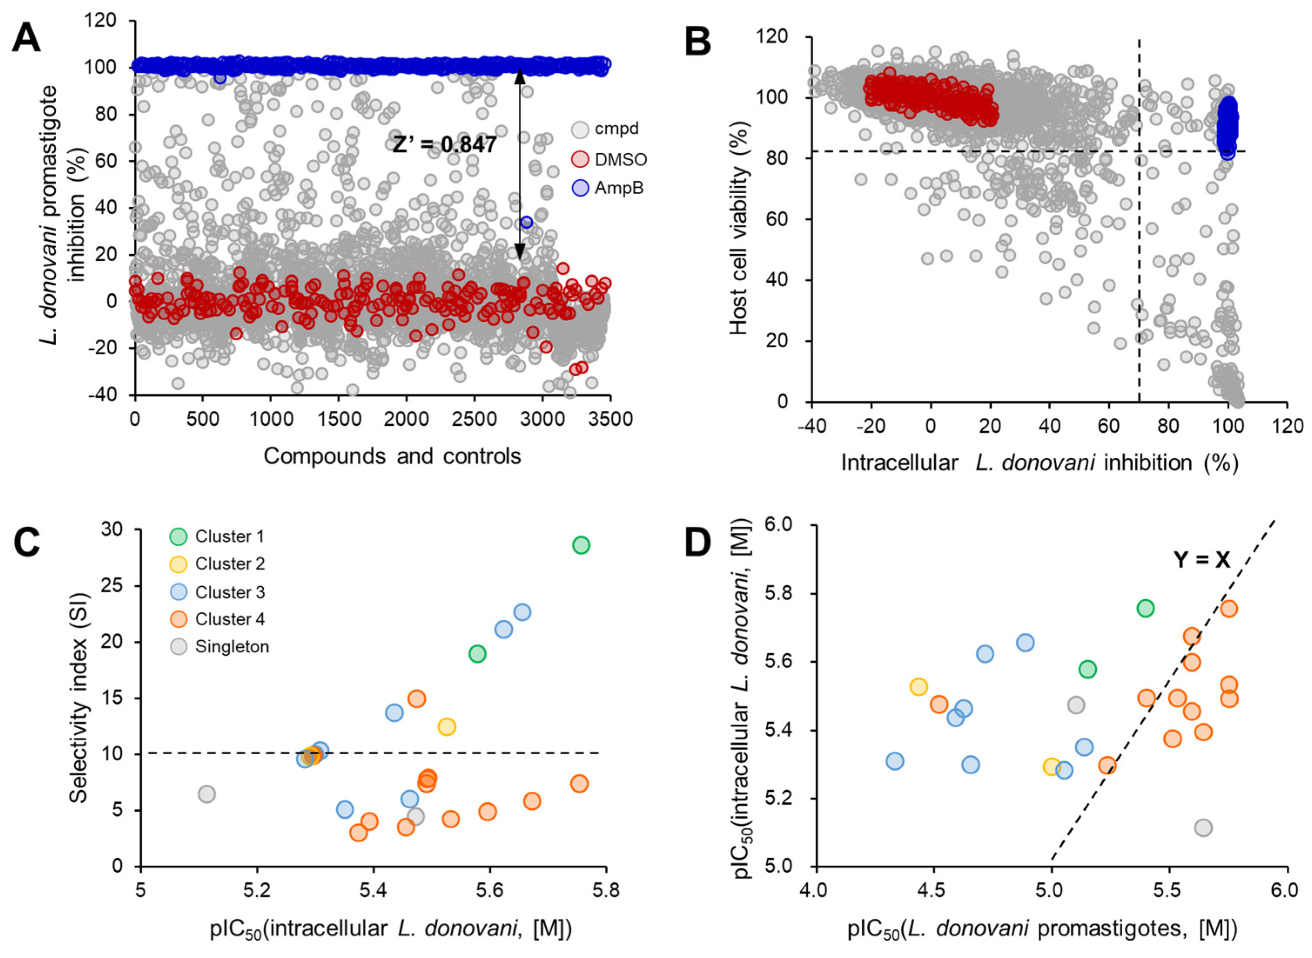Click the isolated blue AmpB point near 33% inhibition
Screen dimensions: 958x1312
click(526, 222)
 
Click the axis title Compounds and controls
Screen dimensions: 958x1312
click(392, 457)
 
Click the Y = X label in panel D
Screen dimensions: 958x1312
click(1202, 560)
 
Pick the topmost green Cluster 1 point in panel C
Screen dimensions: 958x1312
click(581, 545)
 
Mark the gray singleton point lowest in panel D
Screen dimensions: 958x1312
click(1203, 827)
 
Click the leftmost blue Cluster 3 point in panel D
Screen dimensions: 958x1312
click(895, 761)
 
